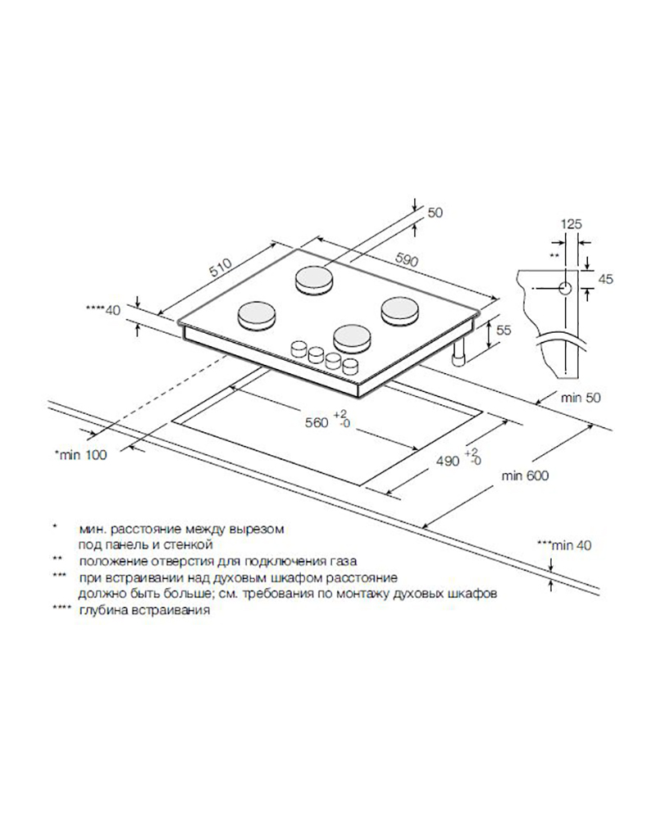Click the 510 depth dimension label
pyautogui.click(x=221, y=267)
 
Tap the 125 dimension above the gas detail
pyautogui.click(x=572, y=225)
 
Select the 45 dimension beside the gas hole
pyautogui.click(x=606, y=280)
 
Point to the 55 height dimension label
pyautogui.click(x=503, y=330)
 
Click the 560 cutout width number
pyautogui.click(x=317, y=422)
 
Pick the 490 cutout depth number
pyautogui.click(x=448, y=461)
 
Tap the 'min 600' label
pyautogui.click(x=526, y=476)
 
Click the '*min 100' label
pyautogui.click(x=80, y=455)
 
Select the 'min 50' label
pyautogui.click(x=581, y=398)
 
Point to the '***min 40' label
pyautogui.click(x=564, y=545)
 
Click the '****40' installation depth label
pyautogui.click(x=103, y=310)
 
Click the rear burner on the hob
pyautogui.click(x=313, y=280)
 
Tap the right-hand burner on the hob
pyautogui.click(x=399, y=311)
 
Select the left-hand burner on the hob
pyautogui.click(x=257, y=315)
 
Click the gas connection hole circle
pyautogui.click(x=565, y=288)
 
